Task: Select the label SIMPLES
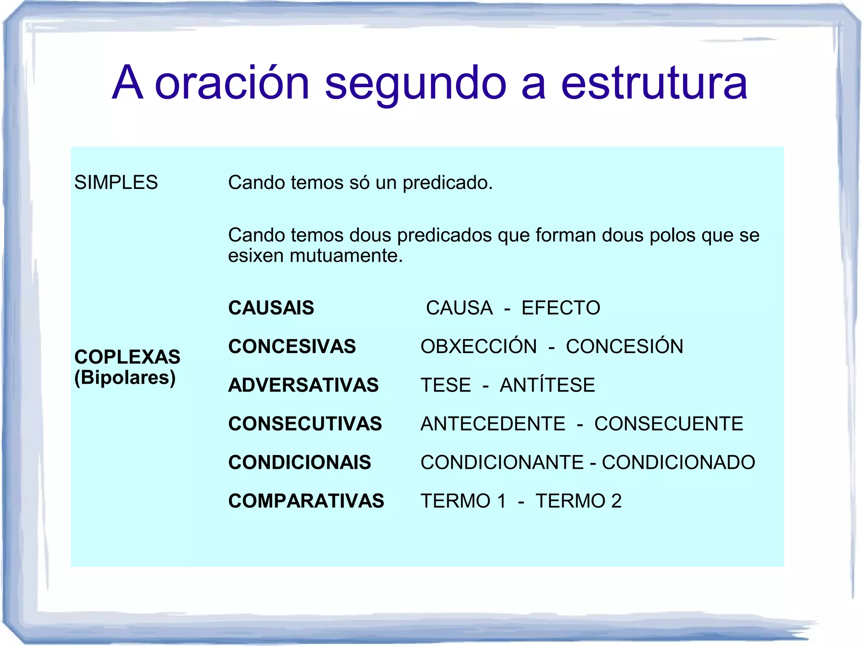point(116,183)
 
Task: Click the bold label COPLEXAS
point(127,357)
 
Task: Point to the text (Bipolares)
point(125,377)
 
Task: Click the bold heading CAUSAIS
point(271,308)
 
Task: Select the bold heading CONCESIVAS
point(292,346)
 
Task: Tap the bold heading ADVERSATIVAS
point(303,385)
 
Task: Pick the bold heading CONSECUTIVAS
point(305,424)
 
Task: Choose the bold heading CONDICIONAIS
point(299,462)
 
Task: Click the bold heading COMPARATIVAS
point(306,501)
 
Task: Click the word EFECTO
point(561,308)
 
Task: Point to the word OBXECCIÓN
point(479,346)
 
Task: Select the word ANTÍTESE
point(547,385)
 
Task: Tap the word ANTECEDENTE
point(493,424)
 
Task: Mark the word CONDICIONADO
point(678,462)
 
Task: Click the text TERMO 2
point(578,501)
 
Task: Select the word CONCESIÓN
point(624,346)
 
